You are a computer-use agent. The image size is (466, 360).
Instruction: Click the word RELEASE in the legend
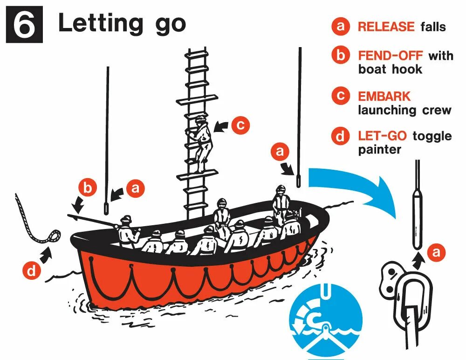tap(386, 27)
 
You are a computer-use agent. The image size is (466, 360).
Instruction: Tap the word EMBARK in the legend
tap(384, 97)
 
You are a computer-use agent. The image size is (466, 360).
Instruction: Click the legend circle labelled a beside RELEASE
tap(341, 27)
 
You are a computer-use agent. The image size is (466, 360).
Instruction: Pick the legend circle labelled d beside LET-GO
tap(341, 136)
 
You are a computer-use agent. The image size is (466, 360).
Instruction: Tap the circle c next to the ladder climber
tap(240, 125)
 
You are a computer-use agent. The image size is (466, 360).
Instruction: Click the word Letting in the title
tap(100, 23)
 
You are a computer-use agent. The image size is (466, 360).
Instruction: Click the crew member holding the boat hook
tap(127, 231)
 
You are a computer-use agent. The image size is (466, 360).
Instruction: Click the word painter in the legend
tap(379, 150)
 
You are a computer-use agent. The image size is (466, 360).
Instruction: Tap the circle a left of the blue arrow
tap(280, 152)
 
